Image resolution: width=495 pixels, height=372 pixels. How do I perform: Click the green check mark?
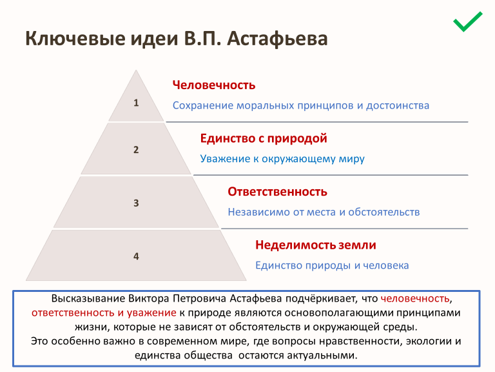(467, 21)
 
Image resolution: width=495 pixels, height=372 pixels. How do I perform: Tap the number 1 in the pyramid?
(136, 103)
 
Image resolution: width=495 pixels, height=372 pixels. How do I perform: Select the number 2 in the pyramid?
(136, 150)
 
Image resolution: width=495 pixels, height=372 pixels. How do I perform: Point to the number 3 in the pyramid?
(136, 203)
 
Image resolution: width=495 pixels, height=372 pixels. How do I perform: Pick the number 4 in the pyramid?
(136, 256)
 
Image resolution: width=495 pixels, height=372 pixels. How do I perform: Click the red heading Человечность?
(214, 85)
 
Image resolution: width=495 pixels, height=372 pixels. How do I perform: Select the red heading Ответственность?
(278, 192)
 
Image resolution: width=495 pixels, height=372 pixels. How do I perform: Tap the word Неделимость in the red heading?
(295, 245)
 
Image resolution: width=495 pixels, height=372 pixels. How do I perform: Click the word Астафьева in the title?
(277, 39)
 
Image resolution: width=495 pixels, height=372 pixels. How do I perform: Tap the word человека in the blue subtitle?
(386, 265)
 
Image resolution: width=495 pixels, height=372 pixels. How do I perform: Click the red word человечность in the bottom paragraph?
(415, 298)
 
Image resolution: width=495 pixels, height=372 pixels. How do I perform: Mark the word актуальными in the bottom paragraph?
(322, 356)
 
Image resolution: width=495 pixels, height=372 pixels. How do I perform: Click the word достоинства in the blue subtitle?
(398, 105)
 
